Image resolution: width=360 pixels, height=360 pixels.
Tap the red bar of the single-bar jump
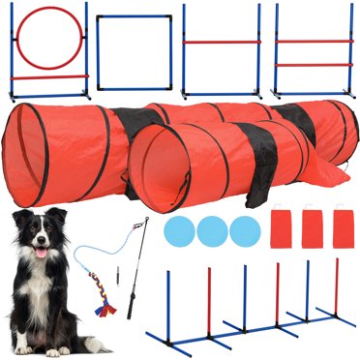coord(224,42)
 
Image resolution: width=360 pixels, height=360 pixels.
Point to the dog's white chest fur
coord(44,290)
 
